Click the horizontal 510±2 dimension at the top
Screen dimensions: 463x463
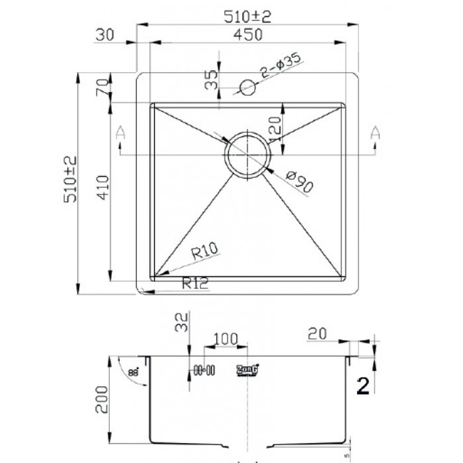click(x=249, y=17)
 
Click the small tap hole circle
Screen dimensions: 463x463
click(x=247, y=87)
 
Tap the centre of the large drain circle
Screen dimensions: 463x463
click(x=247, y=155)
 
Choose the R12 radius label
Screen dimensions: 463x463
click(x=195, y=284)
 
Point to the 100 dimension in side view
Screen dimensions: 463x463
click(x=226, y=339)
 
